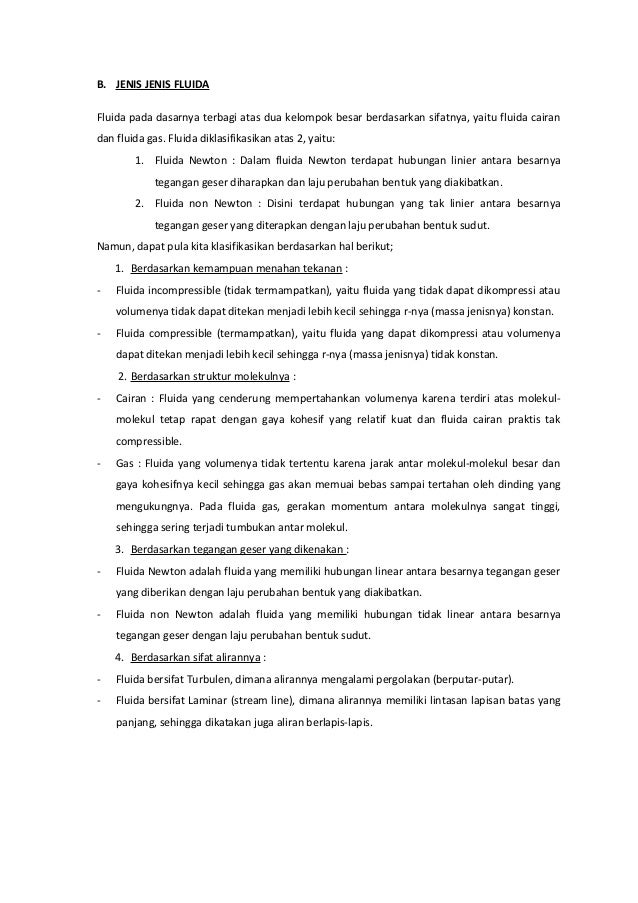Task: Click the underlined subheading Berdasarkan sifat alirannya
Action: (x=195, y=657)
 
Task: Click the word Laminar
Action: (x=209, y=701)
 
